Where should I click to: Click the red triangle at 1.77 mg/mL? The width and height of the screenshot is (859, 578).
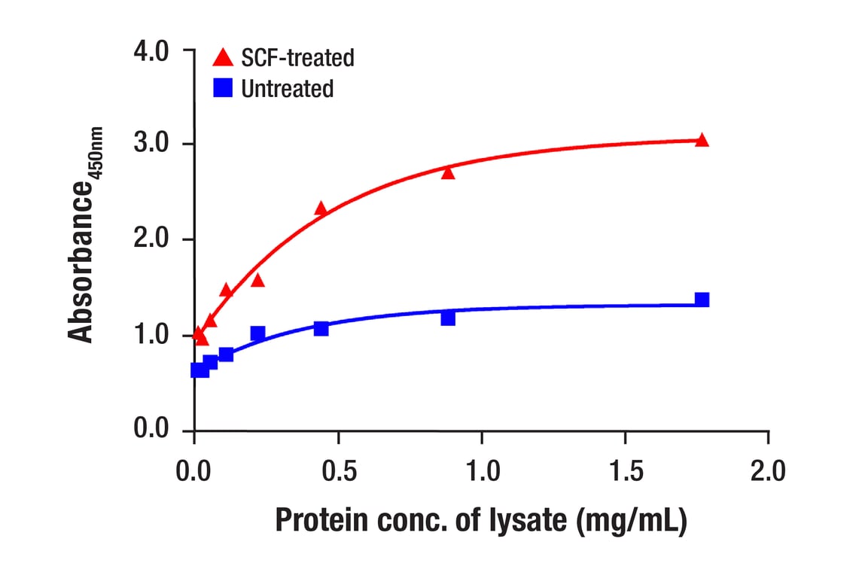(x=702, y=140)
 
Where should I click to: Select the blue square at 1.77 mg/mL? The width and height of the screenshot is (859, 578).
(x=702, y=300)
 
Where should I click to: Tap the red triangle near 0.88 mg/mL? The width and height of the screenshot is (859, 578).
(x=448, y=172)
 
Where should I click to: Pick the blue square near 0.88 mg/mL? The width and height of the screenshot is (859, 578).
(x=448, y=318)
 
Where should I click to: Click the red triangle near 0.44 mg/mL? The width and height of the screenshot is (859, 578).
(x=321, y=208)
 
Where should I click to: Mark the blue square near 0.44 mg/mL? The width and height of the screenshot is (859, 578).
(x=321, y=328)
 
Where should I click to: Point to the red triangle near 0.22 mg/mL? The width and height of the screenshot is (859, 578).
(x=257, y=280)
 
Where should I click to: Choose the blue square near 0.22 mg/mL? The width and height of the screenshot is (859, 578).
(x=257, y=333)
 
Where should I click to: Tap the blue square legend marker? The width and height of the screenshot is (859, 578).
(x=223, y=89)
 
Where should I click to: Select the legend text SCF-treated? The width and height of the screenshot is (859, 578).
(x=297, y=57)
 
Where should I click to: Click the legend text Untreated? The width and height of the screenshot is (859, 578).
(x=287, y=89)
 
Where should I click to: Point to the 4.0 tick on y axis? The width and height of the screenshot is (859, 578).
(x=153, y=51)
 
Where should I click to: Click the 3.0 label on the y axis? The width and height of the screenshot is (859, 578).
(x=153, y=144)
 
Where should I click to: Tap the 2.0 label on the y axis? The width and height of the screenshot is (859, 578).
(x=153, y=239)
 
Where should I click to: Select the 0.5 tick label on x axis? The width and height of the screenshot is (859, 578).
(x=338, y=472)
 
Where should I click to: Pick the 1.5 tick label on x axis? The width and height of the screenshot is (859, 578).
(x=625, y=472)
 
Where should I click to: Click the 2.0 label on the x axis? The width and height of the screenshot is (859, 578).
(x=768, y=472)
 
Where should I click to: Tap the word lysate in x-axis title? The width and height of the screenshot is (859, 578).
(x=528, y=522)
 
